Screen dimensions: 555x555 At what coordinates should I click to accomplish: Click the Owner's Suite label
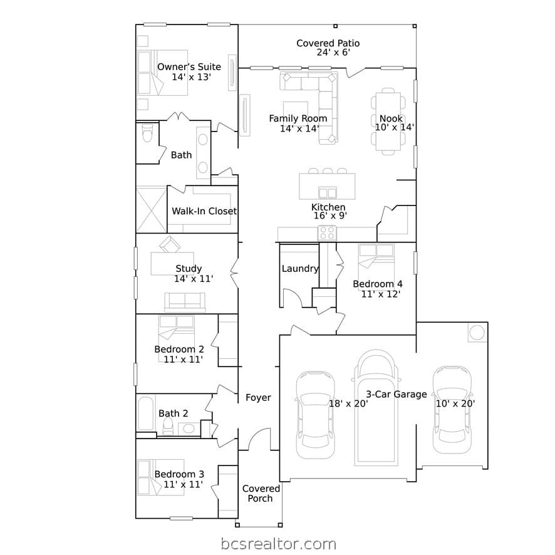[189, 67]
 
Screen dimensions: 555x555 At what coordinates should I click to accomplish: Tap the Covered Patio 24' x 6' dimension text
[333, 53]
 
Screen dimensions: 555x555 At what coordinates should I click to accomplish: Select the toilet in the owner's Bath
[147, 133]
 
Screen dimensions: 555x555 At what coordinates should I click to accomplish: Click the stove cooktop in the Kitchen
[327, 233]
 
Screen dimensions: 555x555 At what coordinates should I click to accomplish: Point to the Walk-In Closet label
[204, 211]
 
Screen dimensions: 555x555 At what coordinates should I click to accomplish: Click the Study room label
[189, 269]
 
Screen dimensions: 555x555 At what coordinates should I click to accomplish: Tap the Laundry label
[300, 269]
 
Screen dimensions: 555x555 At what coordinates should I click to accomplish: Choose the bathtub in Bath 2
[145, 413]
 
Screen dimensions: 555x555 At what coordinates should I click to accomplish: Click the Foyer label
[258, 398]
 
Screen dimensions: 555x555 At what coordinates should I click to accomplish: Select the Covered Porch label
[261, 494]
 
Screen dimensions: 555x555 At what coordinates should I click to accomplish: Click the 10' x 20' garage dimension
[455, 403]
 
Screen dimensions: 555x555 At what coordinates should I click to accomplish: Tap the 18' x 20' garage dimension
[349, 403]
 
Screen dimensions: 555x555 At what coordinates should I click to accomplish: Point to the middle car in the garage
[376, 408]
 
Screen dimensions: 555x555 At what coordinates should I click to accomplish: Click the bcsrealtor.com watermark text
[279, 544]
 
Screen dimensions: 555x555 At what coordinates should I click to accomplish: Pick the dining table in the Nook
[388, 122]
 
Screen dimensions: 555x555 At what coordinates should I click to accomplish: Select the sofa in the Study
[185, 302]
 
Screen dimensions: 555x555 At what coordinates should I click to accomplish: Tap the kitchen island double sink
[328, 194]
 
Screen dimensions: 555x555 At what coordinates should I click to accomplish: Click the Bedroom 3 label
[179, 474]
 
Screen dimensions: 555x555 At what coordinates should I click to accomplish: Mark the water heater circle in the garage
[477, 333]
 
